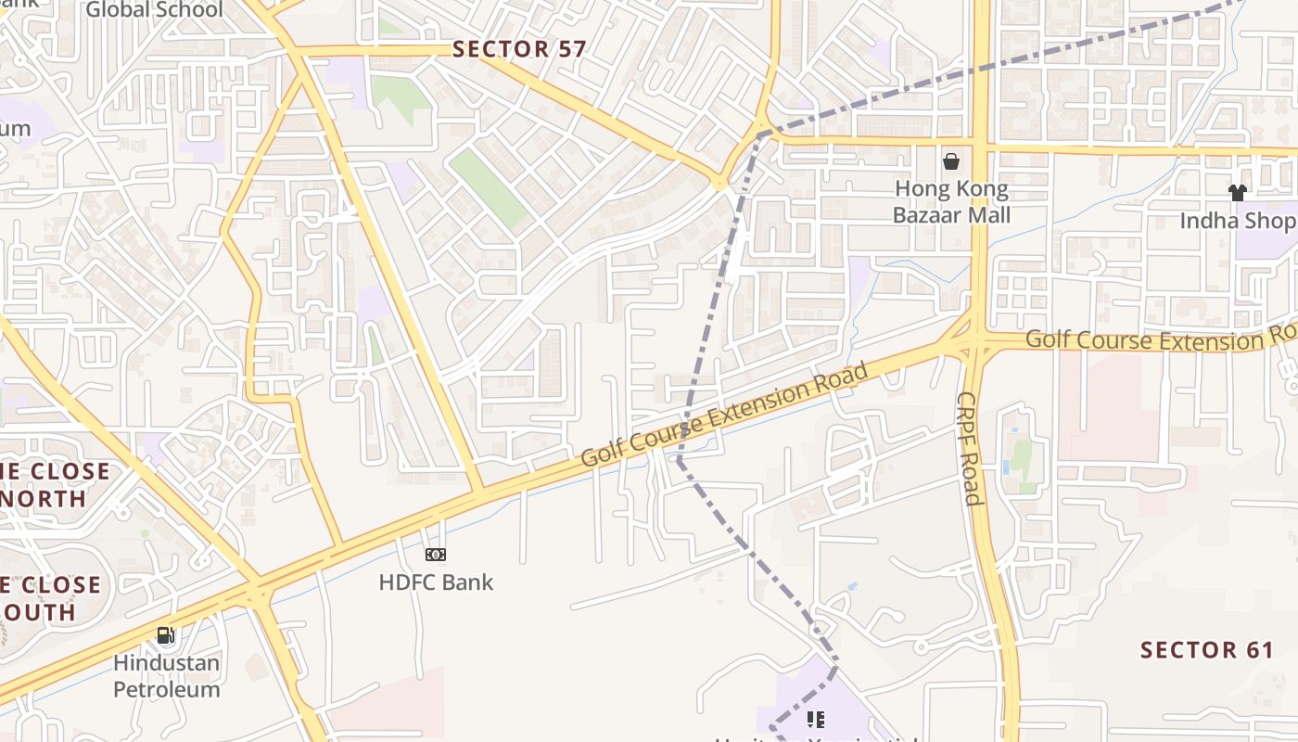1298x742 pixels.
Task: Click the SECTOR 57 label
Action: click(519, 49)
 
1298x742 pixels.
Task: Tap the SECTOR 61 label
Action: click(1207, 649)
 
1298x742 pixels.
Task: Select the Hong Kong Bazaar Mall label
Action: click(951, 202)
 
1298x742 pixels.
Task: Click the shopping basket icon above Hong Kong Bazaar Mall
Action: click(951, 162)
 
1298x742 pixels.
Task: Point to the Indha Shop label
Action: click(1237, 221)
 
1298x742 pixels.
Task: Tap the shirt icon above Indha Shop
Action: click(1237, 193)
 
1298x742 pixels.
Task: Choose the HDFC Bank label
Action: click(436, 582)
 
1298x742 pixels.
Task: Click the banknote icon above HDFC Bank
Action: click(436, 555)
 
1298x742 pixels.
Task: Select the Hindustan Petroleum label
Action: click(167, 676)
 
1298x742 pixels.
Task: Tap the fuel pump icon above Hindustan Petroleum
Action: click(166, 635)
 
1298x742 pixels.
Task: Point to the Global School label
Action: click(155, 10)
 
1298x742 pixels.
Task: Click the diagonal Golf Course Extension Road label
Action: click(725, 415)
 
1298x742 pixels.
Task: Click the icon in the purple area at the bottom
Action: click(816, 719)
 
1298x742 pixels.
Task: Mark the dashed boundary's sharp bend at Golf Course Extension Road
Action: click(680, 458)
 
